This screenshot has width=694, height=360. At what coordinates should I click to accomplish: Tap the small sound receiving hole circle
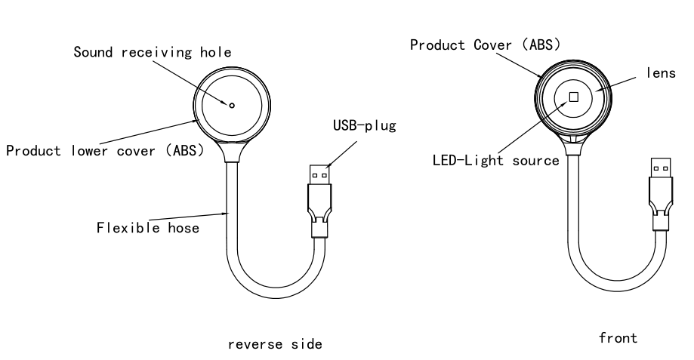click(x=232, y=106)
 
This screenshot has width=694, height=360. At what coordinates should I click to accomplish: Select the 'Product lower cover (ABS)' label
click(x=105, y=149)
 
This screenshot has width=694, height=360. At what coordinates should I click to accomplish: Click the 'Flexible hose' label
click(x=148, y=226)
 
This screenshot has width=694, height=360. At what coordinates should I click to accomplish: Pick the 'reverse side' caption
click(x=275, y=344)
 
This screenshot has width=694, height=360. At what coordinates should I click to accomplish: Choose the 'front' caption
click(x=618, y=339)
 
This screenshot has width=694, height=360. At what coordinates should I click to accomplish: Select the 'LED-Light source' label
click(x=495, y=160)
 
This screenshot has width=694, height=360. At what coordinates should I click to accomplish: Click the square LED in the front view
click(x=574, y=97)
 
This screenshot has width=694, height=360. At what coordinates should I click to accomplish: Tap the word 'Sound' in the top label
click(x=91, y=53)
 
